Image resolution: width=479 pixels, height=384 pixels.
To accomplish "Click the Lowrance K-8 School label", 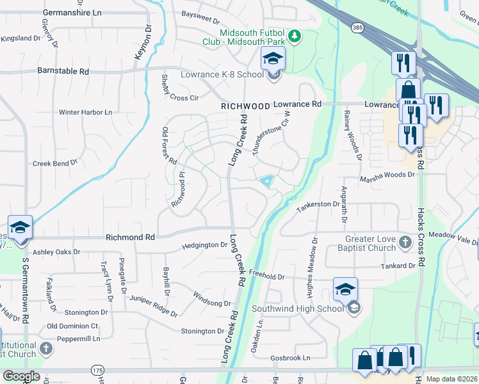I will (213, 75).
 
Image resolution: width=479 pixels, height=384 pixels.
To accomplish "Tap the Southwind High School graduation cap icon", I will (345, 289).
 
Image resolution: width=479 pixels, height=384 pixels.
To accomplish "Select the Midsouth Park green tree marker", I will (295, 36).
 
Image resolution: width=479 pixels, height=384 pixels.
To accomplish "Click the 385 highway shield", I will (358, 28).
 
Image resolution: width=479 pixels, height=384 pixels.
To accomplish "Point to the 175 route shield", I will (97, 370).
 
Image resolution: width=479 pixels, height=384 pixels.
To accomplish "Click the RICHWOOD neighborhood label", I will (245, 106).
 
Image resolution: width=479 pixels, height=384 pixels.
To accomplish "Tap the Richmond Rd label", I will (131, 237).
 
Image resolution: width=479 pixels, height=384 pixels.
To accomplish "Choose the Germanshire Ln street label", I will (72, 13).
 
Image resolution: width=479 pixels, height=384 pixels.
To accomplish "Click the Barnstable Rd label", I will (63, 71).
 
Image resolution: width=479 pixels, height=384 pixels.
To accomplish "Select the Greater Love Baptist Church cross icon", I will (405, 242).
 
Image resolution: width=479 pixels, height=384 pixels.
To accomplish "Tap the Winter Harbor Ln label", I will (85, 112).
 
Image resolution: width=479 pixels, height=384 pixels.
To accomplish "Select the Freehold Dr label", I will (266, 276).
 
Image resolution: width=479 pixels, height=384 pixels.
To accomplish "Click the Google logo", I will (21, 376).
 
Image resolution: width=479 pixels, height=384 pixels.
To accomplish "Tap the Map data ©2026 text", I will (451, 379).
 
